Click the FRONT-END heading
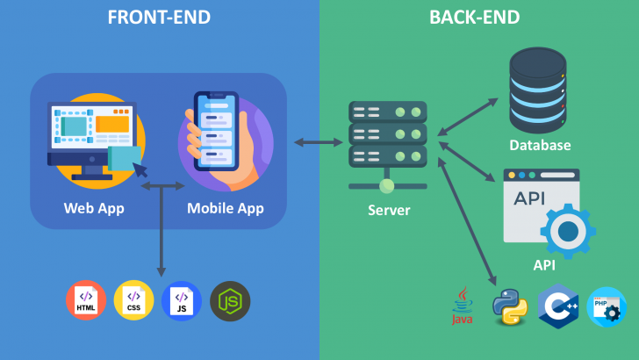pyautogui.click(x=159, y=18)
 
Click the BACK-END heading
pyautogui.click(x=474, y=18)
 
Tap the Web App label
pyautogui.click(x=94, y=208)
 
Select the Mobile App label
pyautogui.click(x=226, y=208)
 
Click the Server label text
pyautogui.click(x=387, y=211)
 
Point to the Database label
pyautogui.click(x=540, y=145)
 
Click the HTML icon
pyautogui.click(x=86, y=301)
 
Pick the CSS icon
pyautogui.click(x=133, y=301)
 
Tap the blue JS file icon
pyautogui.click(x=182, y=301)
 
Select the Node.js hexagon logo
pyautogui.click(x=230, y=301)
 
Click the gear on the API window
pyautogui.click(x=568, y=231)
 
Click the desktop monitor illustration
pyautogui.click(x=93, y=136)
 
